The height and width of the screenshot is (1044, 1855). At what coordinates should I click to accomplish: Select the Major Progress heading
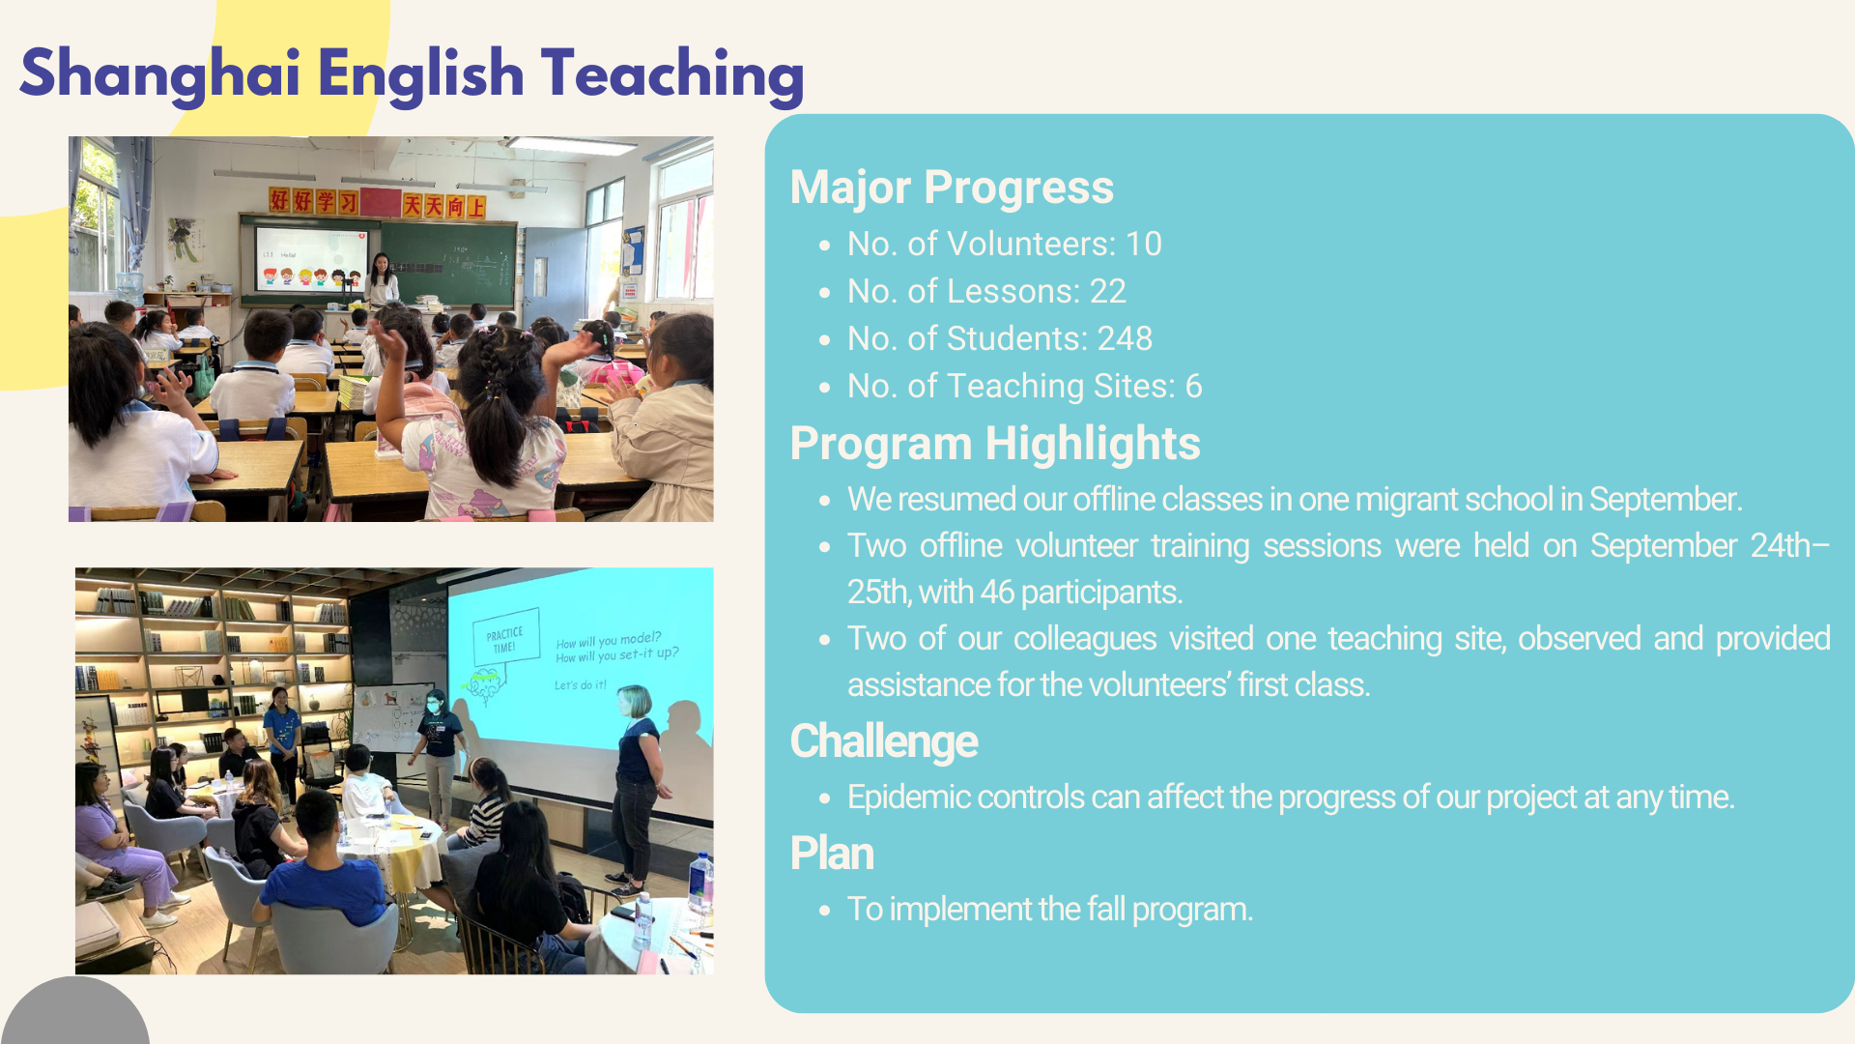pos(952,188)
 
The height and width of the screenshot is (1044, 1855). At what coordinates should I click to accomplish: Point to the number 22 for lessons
pos(1108,291)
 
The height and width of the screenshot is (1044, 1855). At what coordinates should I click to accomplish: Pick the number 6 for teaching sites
pos(1194,386)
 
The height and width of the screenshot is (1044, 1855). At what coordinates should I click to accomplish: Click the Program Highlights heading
pos(995,444)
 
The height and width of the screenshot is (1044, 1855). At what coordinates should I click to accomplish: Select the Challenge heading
pos(884,741)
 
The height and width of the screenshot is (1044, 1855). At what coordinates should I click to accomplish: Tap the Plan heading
pos(832,854)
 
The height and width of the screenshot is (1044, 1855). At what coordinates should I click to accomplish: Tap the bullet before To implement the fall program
pos(824,911)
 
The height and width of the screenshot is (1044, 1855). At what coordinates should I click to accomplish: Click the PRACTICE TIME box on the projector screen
pos(505,638)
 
